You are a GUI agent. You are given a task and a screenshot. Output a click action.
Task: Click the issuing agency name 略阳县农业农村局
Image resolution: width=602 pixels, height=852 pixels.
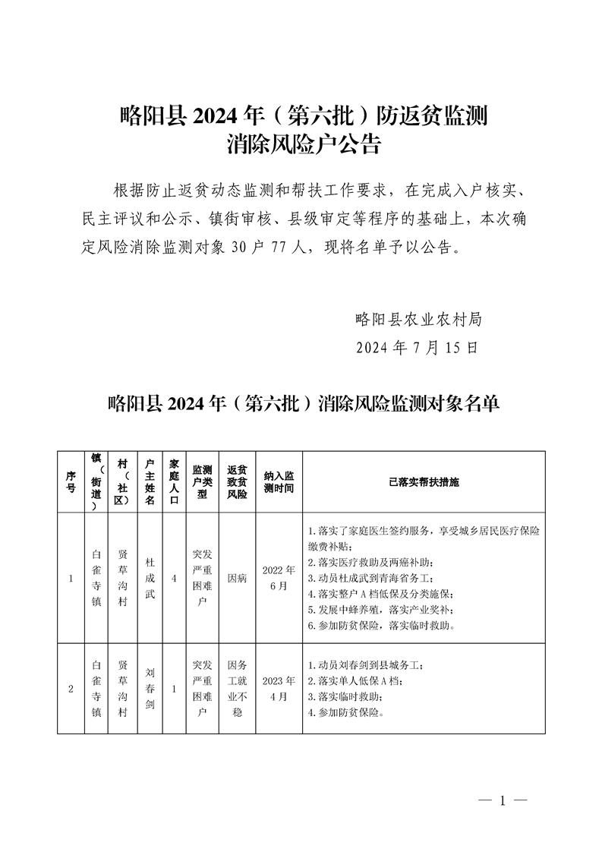tap(418, 319)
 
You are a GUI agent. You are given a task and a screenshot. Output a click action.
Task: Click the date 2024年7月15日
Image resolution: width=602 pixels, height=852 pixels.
tap(418, 348)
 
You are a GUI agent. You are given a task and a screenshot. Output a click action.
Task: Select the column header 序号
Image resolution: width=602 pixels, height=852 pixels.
tap(71, 482)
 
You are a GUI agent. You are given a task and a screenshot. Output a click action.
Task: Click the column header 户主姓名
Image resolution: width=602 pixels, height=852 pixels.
tap(150, 482)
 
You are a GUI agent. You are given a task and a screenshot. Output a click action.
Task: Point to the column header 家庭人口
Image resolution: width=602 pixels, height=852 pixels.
tap(174, 482)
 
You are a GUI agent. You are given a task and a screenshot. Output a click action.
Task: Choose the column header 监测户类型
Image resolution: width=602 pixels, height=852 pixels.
tap(202, 482)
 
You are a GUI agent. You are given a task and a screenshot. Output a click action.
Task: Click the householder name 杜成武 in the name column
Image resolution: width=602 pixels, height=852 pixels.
tap(150, 578)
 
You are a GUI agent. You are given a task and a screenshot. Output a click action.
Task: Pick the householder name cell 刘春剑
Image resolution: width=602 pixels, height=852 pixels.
tap(150, 688)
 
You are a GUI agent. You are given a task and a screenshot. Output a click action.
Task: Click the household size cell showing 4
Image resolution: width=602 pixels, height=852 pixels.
tap(174, 578)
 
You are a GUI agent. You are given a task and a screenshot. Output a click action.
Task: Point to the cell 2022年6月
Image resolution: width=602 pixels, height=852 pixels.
tap(279, 578)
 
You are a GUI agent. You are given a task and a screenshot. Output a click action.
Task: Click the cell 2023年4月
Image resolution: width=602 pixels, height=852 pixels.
tap(279, 688)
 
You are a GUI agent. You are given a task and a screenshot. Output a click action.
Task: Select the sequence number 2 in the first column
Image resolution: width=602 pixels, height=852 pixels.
tap(71, 688)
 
